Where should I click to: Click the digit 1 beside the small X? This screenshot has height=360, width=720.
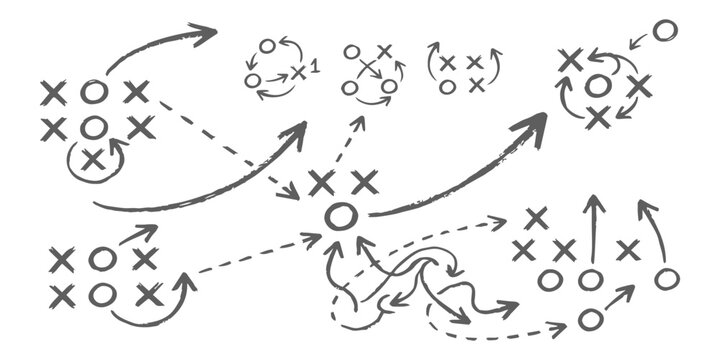(315, 68)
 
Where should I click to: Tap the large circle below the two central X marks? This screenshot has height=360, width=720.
(340, 215)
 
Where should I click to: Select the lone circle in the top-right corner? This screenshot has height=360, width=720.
(664, 30)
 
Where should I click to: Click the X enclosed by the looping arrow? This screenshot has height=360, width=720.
(93, 159)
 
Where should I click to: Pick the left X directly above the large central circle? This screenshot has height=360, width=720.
(321, 182)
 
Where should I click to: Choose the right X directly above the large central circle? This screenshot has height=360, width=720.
(364, 182)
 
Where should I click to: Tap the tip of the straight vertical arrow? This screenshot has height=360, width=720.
(594, 200)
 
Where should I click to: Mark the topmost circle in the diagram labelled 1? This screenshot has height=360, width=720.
(267, 45)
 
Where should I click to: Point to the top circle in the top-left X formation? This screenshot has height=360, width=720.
(94, 92)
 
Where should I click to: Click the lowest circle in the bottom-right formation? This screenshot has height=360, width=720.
(590, 319)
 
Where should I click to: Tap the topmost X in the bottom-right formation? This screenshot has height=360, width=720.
(536, 217)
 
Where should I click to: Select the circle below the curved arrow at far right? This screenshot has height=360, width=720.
(667, 279)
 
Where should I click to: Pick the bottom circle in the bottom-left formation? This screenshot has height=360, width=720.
(101, 294)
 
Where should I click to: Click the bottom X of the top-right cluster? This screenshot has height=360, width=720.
(597, 118)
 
